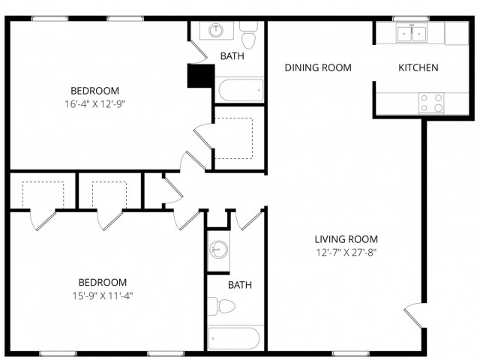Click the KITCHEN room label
[x=418, y=67]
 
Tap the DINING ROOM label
[x=318, y=67]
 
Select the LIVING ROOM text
[x=346, y=239]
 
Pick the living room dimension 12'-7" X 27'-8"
[x=346, y=253]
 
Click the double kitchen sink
[x=410, y=33]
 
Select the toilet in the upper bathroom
[x=248, y=34]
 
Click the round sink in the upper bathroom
[x=217, y=31]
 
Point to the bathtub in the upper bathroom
[x=240, y=91]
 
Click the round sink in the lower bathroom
[x=217, y=248]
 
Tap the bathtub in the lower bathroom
[x=235, y=338]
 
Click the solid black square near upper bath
[x=199, y=76]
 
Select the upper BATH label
[x=232, y=56]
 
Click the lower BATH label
[x=240, y=285]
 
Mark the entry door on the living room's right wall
[x=415, y=313]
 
